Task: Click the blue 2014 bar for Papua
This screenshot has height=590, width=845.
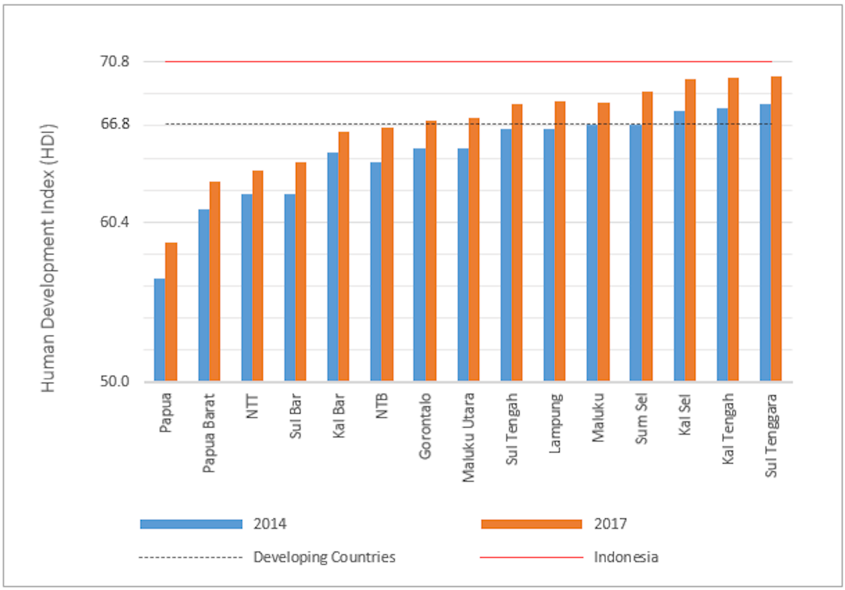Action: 160,330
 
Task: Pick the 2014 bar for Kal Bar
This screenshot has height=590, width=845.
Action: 333,266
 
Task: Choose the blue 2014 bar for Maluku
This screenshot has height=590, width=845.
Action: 592,252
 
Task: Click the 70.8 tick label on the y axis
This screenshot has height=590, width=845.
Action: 114,61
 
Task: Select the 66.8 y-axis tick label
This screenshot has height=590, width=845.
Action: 114,124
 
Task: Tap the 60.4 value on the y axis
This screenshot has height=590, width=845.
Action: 114,222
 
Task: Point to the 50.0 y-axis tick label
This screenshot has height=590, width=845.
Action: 114,382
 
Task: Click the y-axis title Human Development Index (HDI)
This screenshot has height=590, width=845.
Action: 49,257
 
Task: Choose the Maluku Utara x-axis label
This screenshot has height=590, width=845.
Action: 468,437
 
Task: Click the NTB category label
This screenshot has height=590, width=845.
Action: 382,406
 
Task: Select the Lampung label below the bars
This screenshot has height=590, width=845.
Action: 555,423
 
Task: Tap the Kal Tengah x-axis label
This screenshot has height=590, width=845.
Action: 728,429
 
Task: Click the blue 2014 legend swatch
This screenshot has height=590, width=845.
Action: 191,524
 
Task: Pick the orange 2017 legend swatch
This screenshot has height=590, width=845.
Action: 531,524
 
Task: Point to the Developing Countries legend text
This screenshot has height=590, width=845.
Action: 324,557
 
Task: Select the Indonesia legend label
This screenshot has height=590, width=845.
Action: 626,557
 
